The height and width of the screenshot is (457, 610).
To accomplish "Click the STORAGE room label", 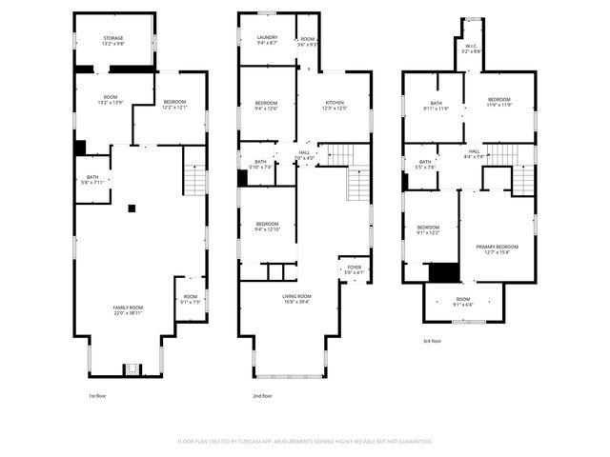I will click(113, 39).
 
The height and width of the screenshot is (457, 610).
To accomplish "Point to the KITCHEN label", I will click(334, 103).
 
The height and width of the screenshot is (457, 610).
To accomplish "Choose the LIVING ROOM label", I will click(296, 297).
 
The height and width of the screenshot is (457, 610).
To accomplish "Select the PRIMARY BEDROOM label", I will click(498, 247).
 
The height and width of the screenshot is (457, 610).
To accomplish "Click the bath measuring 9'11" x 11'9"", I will click(437, 104).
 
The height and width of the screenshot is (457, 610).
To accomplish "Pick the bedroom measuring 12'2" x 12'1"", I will click(174, 103).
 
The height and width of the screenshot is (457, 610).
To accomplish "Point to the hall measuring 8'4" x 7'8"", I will click(474, 152).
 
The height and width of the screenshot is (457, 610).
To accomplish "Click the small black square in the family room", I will click(132, 208).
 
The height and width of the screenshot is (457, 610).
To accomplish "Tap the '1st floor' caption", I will click(98, 396).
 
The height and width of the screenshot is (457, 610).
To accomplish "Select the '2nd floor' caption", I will click(262, 396).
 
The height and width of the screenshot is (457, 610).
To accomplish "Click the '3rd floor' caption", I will click(433, 340).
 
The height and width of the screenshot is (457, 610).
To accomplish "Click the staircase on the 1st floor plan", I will click(194, 178).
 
